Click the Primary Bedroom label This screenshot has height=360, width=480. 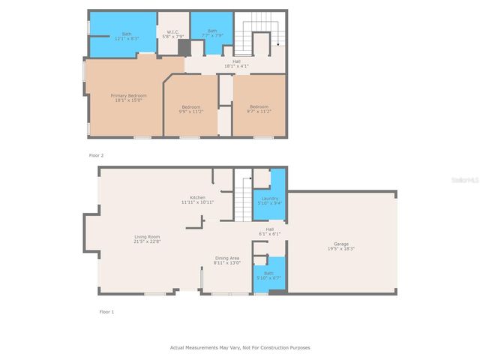tap(128, 95)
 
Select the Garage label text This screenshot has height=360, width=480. tap(341, 244)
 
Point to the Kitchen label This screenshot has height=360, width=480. tap(197, 197)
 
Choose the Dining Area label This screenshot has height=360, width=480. tap(227, 258)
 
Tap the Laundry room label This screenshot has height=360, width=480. tap(269, 198)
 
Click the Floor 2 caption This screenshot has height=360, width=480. tap(97, 155)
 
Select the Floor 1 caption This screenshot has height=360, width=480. tap(106, 311)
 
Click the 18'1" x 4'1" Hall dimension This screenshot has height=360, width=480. tap(236, 66)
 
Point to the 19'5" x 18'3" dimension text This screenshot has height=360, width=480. tap(341, 249)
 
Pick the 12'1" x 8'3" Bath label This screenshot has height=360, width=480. tap(127, 38)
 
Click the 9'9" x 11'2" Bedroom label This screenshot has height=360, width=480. tap(190, 111)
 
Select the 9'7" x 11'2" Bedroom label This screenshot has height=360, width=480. tap(259, 111)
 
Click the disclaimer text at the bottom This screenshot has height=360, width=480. tap(240, 347)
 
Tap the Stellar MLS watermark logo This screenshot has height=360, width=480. tap(463, 180)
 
